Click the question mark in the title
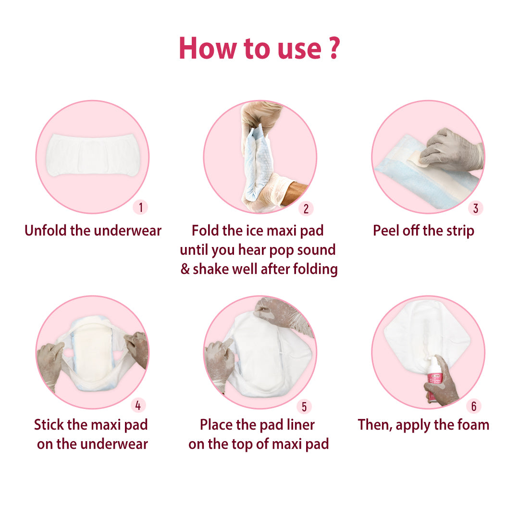334,49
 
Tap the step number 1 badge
140,208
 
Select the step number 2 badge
306,209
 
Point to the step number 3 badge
476,208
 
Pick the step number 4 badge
138,405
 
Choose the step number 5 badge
304,407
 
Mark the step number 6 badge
474,406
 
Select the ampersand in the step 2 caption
185,269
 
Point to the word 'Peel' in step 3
386,231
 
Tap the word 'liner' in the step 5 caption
301,425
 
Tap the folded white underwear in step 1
93,155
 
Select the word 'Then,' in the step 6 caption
375,425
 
